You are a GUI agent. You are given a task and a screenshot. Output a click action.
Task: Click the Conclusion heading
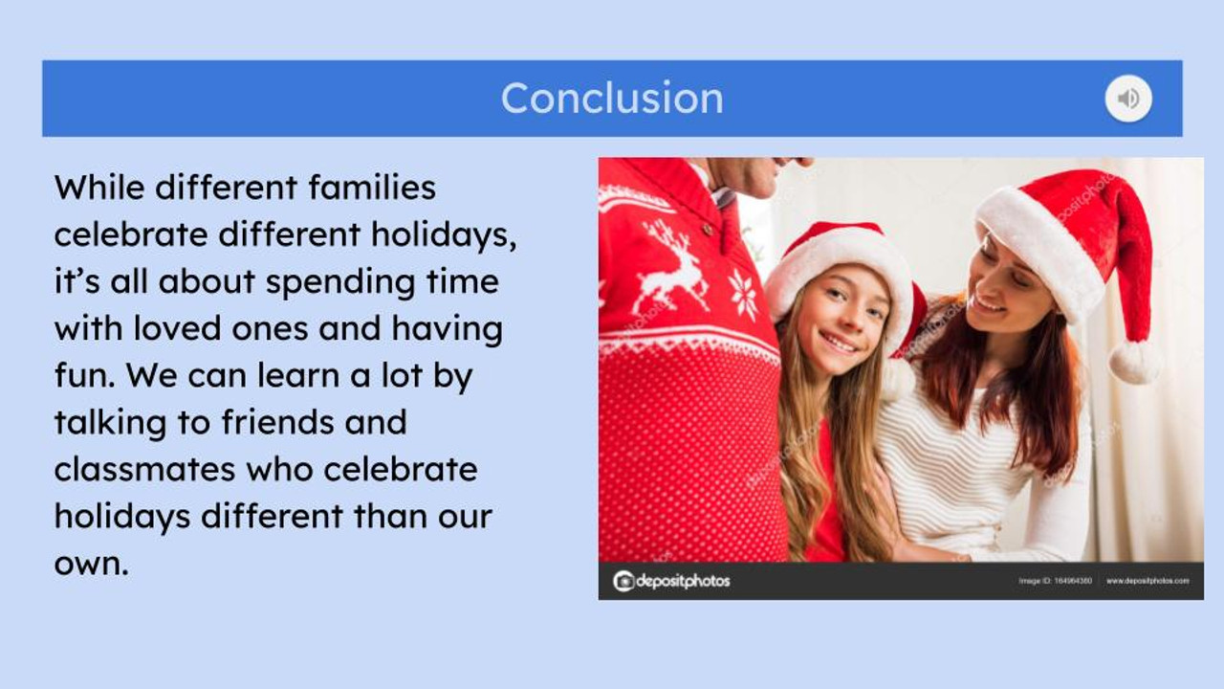coord(612,99)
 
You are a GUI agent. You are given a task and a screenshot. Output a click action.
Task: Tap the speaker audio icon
coord(1128,99)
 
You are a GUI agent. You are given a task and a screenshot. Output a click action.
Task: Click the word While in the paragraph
coord(98,187)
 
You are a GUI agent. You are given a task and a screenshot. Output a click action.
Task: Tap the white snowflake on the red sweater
coord(743,294)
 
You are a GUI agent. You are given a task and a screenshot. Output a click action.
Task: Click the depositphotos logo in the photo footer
coord(671,581)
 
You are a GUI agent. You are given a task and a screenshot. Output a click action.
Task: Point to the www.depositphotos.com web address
coord(1147,581)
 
